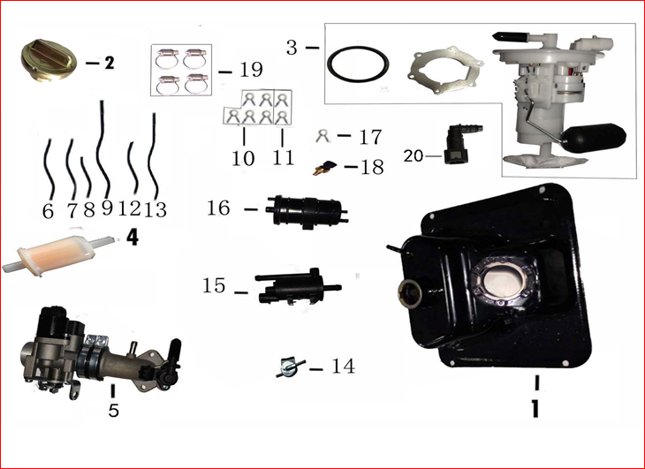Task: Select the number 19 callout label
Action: coord(251,71)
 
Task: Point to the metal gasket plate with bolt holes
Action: coord(446,70)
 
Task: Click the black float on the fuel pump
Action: coord(595,137)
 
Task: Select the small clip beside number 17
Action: coord(322,135)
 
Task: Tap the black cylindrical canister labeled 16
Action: coord(307,211)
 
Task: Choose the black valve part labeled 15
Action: coord(298,286)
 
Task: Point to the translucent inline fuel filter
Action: coord(59,255)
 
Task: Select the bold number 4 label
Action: coord(132,238)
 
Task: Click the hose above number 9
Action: coord(103,148)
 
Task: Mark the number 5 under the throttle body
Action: coord(113,410)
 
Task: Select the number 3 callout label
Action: coord(292,48)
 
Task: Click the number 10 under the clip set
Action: coord(244,158)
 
